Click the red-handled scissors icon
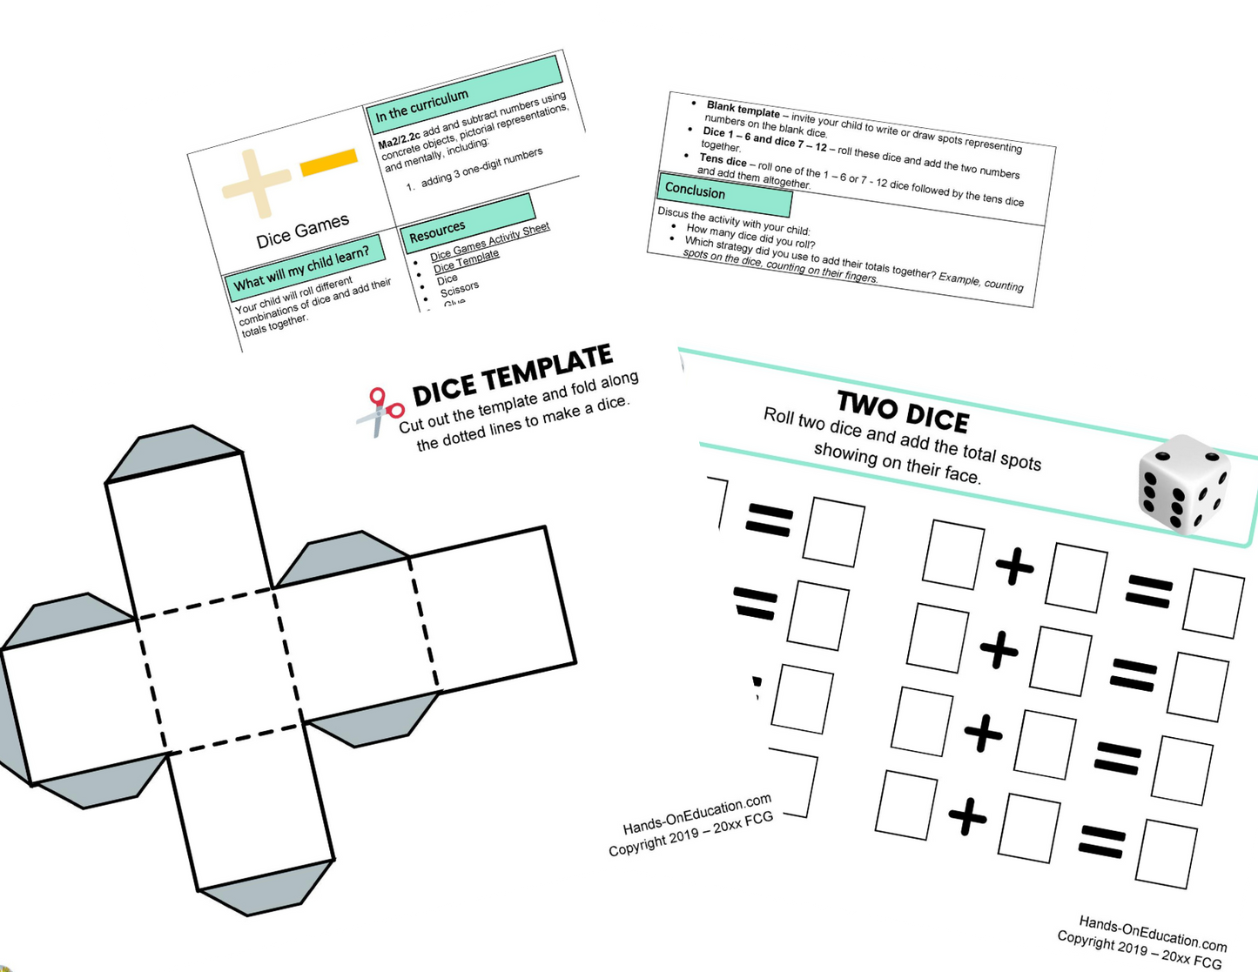tap(381, 412)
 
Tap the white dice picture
tap(1185, 483)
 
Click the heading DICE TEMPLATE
tap(512, 376)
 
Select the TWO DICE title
tap(903, 412)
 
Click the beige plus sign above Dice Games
tap(256, 183)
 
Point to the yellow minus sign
tap(329, 163)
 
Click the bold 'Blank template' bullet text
tap(743, 111)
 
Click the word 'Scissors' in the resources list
tap(460, 288)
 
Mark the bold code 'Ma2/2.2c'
tap(400, 141)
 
